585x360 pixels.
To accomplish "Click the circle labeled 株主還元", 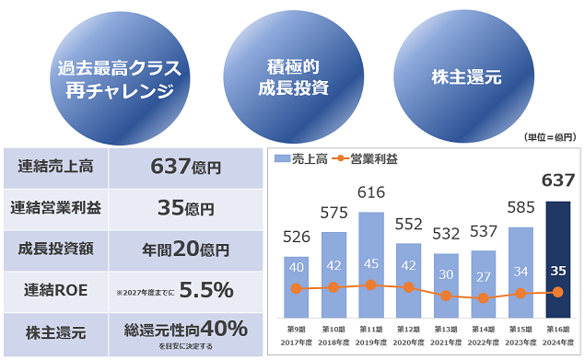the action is (x=463, y=76).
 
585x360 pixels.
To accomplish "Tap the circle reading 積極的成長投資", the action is (x=294, y=76).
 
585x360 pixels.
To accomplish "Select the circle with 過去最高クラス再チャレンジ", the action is (x=120, y=78).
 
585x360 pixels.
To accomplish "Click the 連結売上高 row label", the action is (x=55, y=167).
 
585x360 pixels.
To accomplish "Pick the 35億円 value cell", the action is (x=186, y=208).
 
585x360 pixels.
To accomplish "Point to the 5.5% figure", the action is (x=206, y=290).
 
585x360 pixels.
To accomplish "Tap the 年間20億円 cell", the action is (x=186, y=250).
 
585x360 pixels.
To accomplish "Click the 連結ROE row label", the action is (x=55, y=290).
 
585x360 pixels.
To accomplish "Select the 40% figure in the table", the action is (x=224, y=329).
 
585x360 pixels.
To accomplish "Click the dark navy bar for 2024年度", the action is (x=557, y=260).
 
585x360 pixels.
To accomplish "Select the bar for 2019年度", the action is (x=371, y=265).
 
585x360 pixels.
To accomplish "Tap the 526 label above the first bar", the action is (x=297, y=237).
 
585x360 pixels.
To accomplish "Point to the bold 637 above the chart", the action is (x=558, y=180).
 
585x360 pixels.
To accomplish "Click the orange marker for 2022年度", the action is (x=483, y=298).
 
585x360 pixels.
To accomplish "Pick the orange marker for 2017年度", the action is (x=297, y=288).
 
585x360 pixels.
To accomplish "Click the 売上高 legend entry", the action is (x=300, y=159).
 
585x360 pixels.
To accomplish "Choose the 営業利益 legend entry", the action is (x=365, y=159).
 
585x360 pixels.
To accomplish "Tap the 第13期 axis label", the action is (x=446, y=330).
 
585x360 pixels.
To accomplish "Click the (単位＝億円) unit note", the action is (x=550, y=137).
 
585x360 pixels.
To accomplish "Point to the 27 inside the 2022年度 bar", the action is (x=483, y=277).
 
